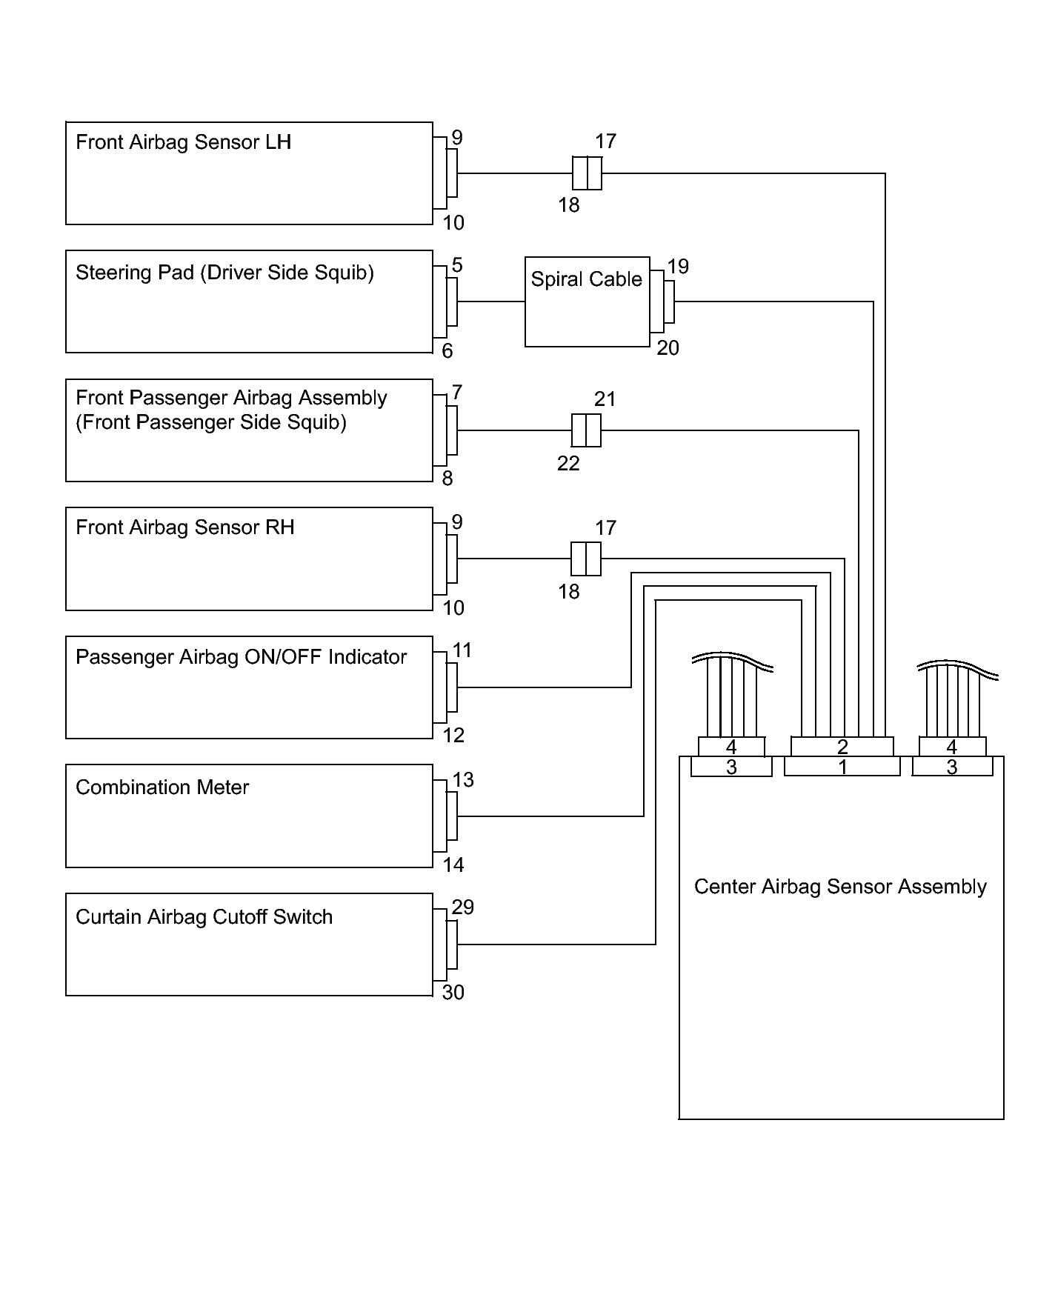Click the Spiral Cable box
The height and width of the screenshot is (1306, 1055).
[x=587, y=301]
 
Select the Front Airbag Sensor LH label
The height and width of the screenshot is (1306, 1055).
[x=183, y=142]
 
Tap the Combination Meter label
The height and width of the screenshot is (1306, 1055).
[x=162, y=787]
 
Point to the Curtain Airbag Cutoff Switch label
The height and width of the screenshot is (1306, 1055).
[x=204, y=916]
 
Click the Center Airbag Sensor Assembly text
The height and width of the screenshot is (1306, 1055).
[x=840, y=887]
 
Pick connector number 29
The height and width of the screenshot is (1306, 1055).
[x=463, y=907]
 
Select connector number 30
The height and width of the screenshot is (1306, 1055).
[x=453, y=993]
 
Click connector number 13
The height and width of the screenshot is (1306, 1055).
[x=463, y=779]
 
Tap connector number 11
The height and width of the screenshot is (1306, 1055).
[x=462, y=650]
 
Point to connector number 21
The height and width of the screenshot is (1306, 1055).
[x=605, y=399]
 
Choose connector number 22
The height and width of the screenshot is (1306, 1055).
[x=568, y=464]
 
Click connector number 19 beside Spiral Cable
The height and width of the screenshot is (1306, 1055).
[x=678, y=267]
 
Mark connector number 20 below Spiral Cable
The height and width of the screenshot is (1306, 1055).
[x=668, y=348]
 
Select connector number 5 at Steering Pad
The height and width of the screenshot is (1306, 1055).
[x=457, y=265]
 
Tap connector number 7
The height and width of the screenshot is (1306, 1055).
[x=457, y=393]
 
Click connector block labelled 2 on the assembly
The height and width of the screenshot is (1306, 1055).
[x=842, y=746]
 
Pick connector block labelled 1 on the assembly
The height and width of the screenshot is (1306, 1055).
[x=842, y=767]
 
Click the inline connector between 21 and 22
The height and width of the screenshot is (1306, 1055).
[x=586, y=430]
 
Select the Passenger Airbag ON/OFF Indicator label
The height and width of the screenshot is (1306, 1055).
[x=241, y=657]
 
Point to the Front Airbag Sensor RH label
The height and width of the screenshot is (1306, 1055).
[x=184, y=527]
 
